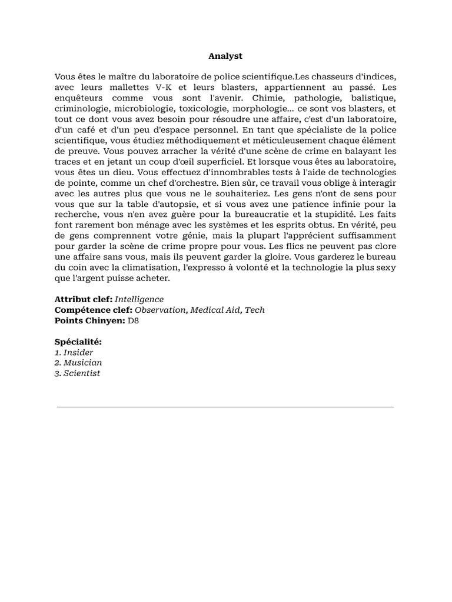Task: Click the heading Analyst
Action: coord(225,56)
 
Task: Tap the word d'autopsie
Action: coord(169,203)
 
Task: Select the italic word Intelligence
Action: coord(139,299)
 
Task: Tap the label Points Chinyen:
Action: coord(89,320)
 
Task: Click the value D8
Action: coord(134,320)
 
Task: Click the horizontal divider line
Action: coord(225,406)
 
